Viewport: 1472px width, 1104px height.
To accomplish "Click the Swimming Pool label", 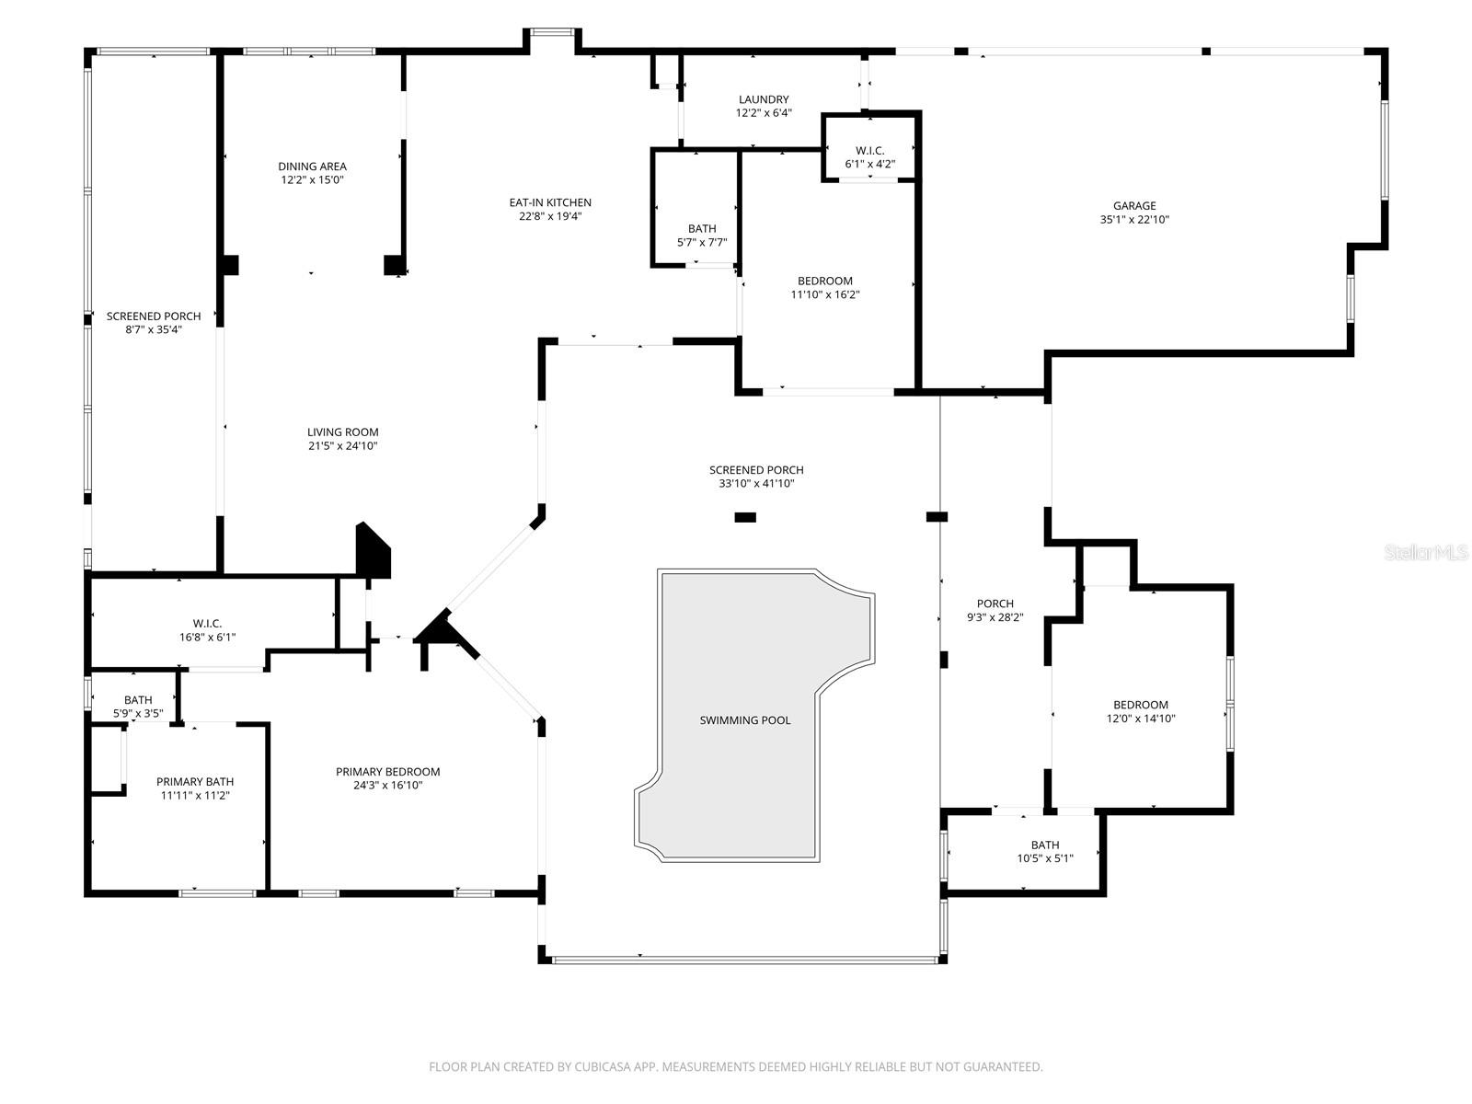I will click(x=744, y=720).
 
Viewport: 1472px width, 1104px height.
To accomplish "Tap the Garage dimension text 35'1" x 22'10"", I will click(x=1133, y=220).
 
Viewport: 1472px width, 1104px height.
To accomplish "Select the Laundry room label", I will click(x=763, y=99).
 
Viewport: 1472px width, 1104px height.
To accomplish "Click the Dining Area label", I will click(x=312, y=167).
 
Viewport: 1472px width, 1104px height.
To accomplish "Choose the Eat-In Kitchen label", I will click(x=550, y=202).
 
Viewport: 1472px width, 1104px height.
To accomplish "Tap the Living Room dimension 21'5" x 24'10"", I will click(x=342, y=446).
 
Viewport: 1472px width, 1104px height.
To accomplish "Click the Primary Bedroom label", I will click(x=387, y=772).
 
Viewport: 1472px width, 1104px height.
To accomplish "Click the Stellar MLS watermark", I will click(x=1426, y=553).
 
